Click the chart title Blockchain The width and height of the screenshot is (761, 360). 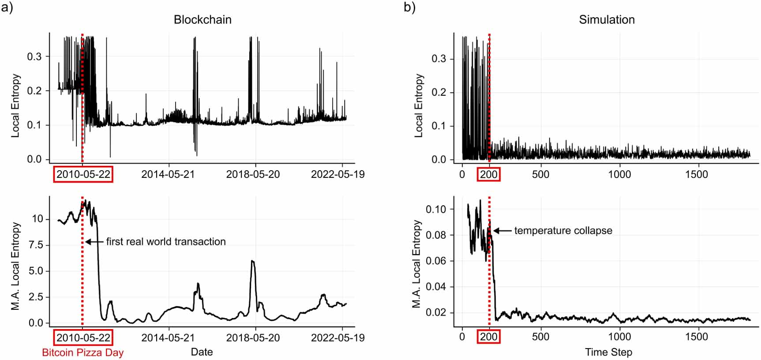point(202,19)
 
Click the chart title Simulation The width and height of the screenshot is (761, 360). point(607,19)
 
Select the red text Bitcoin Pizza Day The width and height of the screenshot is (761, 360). point(82,353)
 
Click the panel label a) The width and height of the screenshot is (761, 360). point(7,8)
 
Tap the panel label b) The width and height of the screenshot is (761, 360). point(409,8)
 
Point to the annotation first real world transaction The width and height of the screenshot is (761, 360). point(166,242)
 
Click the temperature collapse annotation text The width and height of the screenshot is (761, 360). point(563,231)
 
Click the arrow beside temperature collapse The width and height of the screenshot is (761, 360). point(502,231)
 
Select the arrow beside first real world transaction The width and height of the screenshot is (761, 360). point(94,242)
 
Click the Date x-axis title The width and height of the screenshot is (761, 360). point(202,352)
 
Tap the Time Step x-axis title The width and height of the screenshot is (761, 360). point(608,352)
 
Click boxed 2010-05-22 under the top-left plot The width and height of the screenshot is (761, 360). point(83,174)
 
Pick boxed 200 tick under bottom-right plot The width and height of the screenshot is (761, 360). point(489,337)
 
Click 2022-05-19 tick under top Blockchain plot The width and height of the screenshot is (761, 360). point(337,174)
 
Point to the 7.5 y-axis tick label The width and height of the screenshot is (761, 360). point(36,245)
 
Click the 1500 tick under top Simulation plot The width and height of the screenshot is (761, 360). point(696,174)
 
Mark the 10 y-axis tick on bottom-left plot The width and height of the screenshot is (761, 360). point(37,219)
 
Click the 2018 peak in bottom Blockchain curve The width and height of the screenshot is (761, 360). point(252,261)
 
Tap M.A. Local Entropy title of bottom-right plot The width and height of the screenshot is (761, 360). point(416,264)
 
